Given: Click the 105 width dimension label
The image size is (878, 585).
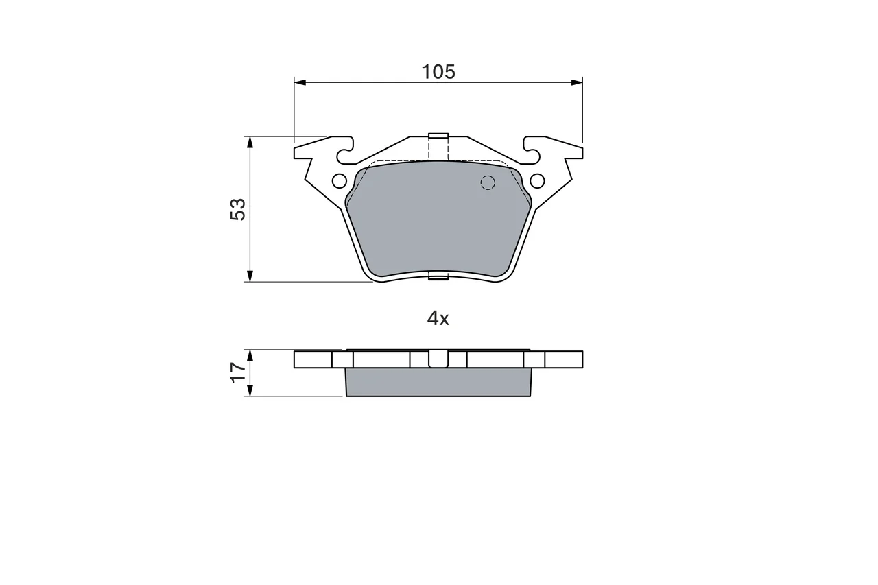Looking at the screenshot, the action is click(438, 72).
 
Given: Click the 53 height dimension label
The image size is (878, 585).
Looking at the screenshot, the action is click(237, 209).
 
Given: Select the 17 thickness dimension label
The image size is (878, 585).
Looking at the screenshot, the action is click(237, 372).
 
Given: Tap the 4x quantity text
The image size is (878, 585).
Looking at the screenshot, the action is click(438, 318).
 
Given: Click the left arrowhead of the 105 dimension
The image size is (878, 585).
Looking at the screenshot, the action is click(300, 82).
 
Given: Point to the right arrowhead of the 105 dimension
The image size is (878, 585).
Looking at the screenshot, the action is click(577, 82).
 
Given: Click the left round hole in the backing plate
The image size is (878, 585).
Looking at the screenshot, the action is click(340, 181).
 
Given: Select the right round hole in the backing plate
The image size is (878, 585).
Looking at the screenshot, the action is click(537, 181).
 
